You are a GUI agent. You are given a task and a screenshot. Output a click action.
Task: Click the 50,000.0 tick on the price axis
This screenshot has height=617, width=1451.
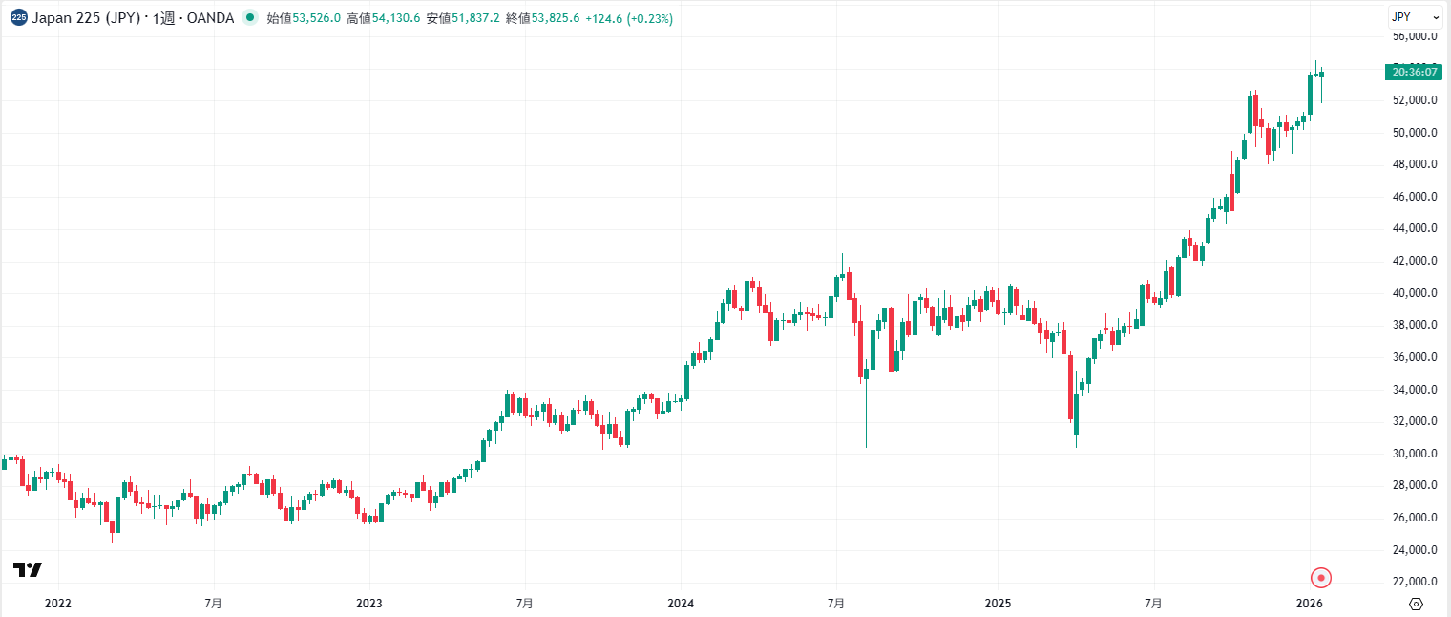point(1415,132)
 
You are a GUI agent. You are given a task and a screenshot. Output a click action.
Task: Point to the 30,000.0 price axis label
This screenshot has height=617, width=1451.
point(1415,453)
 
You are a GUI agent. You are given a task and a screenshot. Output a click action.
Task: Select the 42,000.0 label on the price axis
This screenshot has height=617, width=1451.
point(1415,260)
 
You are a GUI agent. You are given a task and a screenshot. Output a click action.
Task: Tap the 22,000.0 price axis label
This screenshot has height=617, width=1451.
point(1415,581)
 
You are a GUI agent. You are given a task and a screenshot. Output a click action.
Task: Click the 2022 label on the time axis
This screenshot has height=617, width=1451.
point(57,604)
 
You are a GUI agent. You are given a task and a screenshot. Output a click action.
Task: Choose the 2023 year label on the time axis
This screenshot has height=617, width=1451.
point(369,604)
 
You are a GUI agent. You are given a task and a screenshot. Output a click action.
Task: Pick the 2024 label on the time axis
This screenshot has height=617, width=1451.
point(681,604)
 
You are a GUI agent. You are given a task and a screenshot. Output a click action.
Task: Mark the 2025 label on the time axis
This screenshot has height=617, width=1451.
point(998,604)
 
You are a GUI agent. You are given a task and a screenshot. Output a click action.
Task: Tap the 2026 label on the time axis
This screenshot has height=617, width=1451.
point(1310,604)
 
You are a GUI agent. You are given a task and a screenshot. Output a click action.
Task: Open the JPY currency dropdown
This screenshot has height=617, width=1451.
point(1415,17)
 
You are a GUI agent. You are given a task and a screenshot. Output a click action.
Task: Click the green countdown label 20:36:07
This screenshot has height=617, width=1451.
point(1415,72)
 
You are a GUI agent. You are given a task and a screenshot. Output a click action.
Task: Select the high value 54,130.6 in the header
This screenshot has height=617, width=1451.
point(396,18)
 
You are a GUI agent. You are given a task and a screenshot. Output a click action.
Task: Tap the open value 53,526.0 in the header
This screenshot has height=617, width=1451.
point(316,18)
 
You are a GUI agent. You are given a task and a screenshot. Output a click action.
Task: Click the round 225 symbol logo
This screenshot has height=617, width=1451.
point(19,17)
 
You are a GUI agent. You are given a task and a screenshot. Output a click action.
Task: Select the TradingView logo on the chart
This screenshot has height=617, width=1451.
point(28,570)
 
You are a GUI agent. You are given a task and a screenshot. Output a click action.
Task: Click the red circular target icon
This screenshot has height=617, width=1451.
point(1320,577)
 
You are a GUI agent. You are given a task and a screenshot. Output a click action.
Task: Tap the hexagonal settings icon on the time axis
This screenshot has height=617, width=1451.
point(1416,604)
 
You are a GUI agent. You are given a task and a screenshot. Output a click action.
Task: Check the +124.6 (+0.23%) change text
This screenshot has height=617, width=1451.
point(629,18)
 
